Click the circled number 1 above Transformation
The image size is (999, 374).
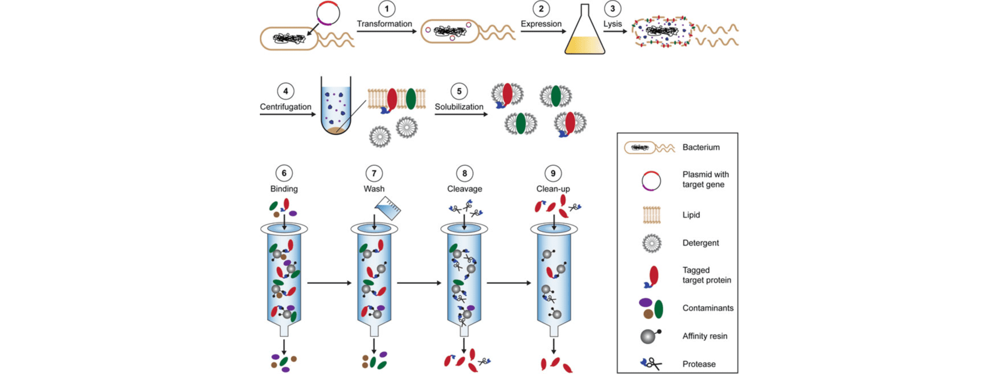point(386,9)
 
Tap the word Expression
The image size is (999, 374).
point(541,24)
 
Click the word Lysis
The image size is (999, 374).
point(613,24)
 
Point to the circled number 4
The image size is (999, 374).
point(285,91)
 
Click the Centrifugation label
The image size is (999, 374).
point(285,107)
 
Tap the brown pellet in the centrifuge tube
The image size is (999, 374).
point(336,131)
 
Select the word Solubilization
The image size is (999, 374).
point(459,107)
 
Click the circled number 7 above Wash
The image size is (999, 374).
point(374,173)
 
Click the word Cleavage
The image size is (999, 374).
point(464,189)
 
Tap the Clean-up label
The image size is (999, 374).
point(553,189)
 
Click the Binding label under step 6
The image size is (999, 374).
point(284,189)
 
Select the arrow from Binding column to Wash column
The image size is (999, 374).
point(329,283)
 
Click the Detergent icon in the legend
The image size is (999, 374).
point(651,243)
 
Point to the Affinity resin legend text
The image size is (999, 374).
point(704,336)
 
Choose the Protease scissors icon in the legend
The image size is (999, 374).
point(651,364)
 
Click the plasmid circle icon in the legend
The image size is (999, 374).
point(651,181)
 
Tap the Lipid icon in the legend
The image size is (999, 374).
point(651,215)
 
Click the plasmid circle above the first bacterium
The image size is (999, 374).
point(328,13)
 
